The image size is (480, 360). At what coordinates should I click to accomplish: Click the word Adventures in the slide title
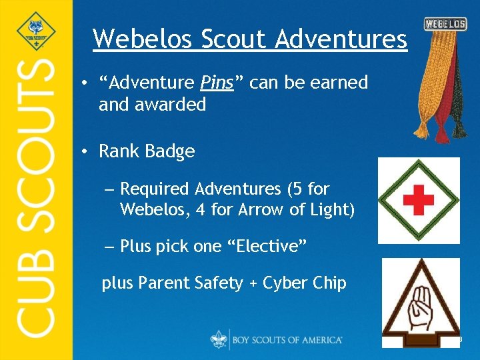click(x=340, y=39)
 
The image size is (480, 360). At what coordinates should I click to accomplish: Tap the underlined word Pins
click(x=217, y=83)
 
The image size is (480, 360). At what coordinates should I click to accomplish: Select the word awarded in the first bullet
click(x=172, y=105)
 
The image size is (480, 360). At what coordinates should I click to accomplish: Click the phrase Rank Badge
click(x=147, y=151)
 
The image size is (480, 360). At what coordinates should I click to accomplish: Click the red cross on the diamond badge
click(x=419, y=199)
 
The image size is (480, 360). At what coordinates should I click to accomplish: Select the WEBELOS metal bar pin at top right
click(x=445, y=24)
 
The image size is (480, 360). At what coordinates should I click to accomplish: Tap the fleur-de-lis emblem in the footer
click(x=219, y=339)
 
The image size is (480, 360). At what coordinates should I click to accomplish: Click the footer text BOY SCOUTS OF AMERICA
click(x=287, y=340)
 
